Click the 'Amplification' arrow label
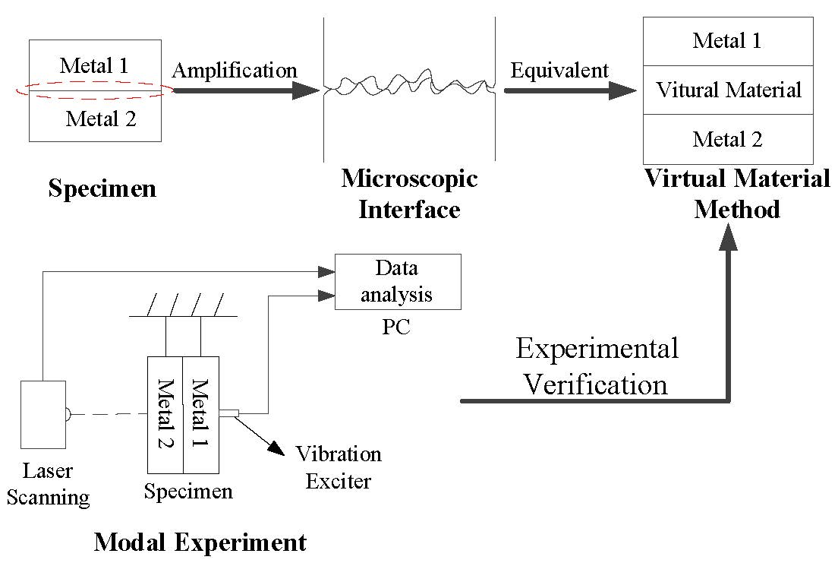(235, 71)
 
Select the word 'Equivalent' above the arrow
(559, 71)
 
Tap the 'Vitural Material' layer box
(728, 90)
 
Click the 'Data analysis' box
(398, 281)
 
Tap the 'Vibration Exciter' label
(338, 467)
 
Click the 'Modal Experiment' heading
(200, 542)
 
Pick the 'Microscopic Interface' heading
(409, 193)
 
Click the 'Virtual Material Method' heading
(737, 193)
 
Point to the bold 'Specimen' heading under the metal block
(102, 188)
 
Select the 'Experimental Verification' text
(597, 366)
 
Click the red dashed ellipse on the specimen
(95, 90)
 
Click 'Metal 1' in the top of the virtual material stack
(727, 40)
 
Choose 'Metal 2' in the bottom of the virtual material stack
(727, 139)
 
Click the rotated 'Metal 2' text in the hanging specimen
(164, 413)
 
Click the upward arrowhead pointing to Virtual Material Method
(729, 237)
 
